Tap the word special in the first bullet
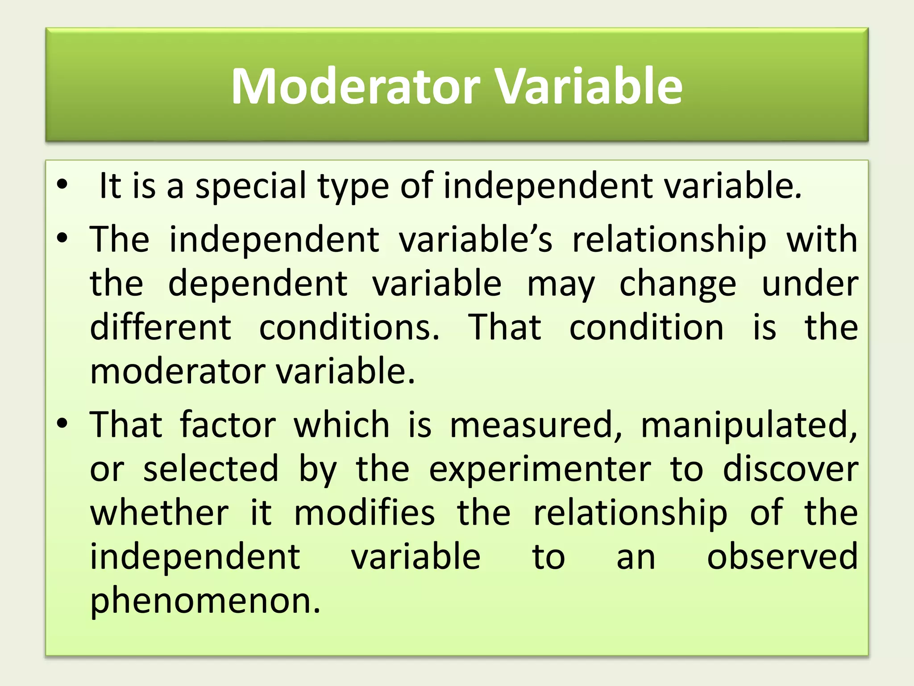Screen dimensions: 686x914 (x=251, y=186)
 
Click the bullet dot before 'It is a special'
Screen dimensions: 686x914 (x=62, y=184)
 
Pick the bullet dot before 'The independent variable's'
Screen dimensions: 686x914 (x=62, y=238)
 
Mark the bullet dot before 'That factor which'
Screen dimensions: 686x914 (x=62, y=423)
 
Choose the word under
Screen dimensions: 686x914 (x=810, y=284)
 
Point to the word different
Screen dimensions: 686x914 (x=161, y=327)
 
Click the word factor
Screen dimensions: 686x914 (x=228, y=424)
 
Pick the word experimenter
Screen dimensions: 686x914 (x=540, y=470)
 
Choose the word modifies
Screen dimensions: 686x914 (x=364, y=513)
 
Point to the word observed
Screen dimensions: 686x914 (x=782, y=557)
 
